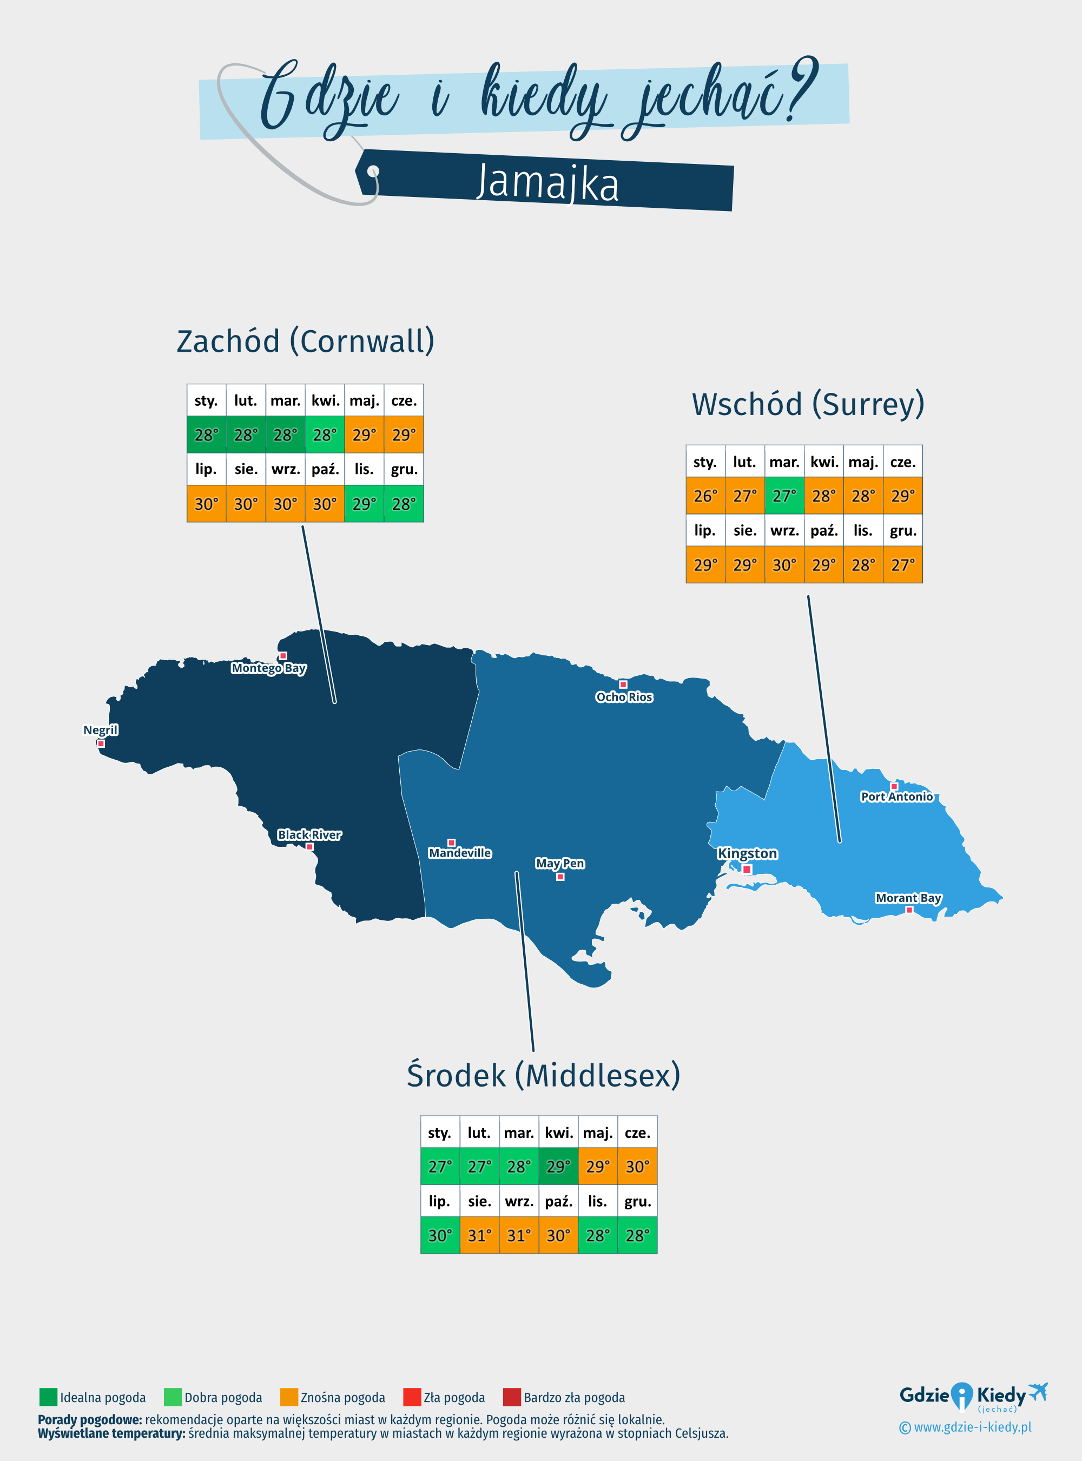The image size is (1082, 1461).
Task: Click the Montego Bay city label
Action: coord(268,668)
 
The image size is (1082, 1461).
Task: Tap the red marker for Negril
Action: coord(101,743)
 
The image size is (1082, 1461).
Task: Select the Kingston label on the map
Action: coord(747,854)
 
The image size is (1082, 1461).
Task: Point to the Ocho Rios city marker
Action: coord(623,685)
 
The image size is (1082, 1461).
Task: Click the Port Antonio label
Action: coord(896,797)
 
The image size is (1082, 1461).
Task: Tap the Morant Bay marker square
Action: coord(909,910)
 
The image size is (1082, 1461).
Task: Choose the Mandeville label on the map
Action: coord(460,853)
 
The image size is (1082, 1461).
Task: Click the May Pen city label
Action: coord(560,864)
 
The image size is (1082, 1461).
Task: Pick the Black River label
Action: coord(309,835)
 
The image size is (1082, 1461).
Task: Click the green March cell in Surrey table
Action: coord(784,496)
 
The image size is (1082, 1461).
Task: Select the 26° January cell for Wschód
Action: coord(705,496)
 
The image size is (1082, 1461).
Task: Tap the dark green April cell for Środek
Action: coord(558,1167)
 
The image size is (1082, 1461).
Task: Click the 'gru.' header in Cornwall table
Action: coord(404,469)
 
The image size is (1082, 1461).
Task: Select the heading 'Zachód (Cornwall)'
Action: coord(305,341)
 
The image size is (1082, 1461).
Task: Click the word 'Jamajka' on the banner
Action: coord(547,183)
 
